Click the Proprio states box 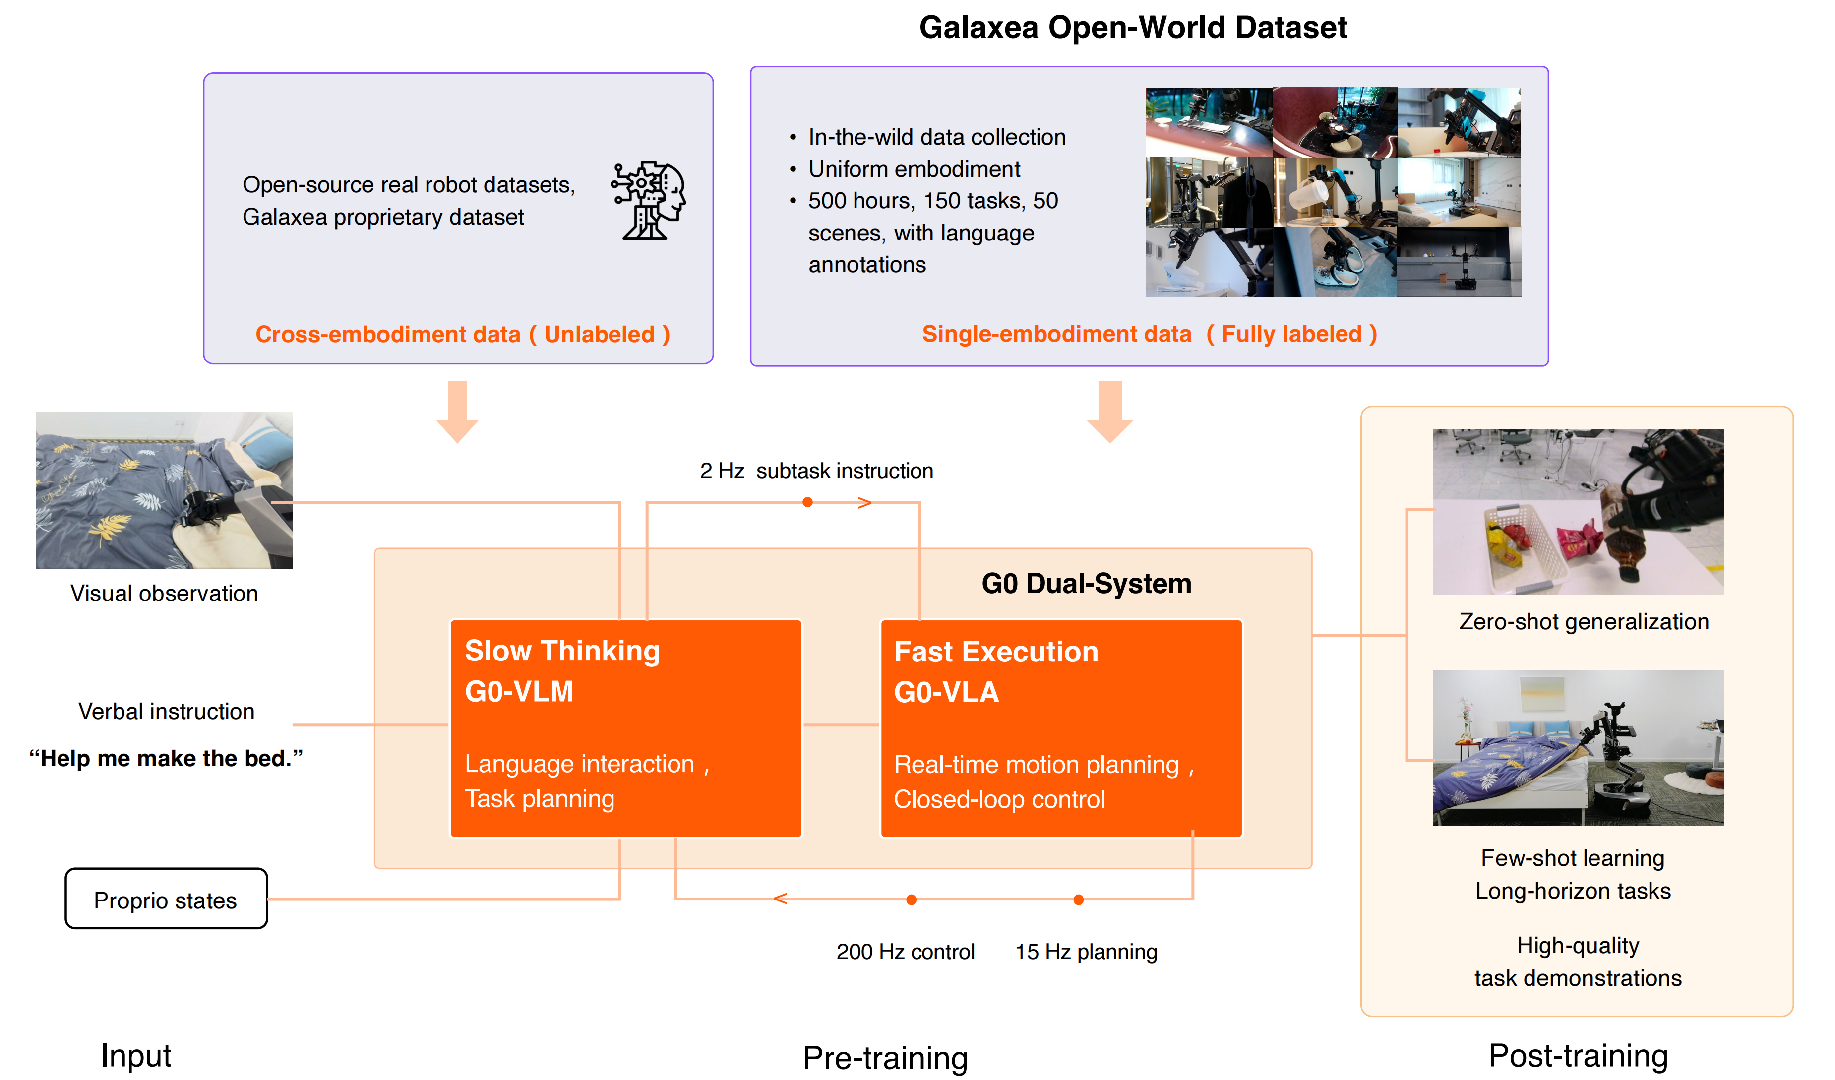click(166, 900)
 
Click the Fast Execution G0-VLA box click(1061, 728)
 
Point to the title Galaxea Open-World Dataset click(1133, 28)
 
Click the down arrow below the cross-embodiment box click(457, 412)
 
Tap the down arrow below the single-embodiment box click(1110, 412)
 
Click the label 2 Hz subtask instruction click(816, 471)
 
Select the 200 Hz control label click(905, 952)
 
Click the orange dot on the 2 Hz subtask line click(807, 502)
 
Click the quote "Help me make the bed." click(166, 759)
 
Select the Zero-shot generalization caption click(1584, 622)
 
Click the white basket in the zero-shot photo click(1526, 546)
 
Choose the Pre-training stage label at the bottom click(885, 1057)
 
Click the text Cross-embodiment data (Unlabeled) click(462, 334)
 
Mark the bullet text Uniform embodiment click(914, 169)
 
